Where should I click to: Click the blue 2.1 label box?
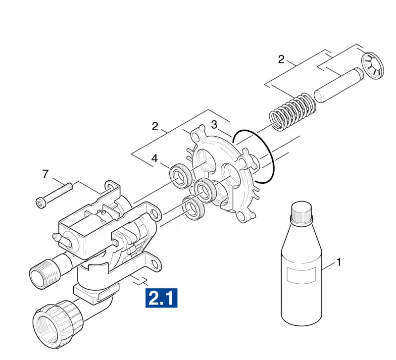click(161, 298)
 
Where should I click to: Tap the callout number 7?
click(45, 174)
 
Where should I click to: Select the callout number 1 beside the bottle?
click(339, 262)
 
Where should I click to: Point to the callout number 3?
click(214, 125)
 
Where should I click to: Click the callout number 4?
click(154, 158)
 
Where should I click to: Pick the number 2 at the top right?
click(281, 59)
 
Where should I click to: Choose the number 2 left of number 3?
click(155, 126)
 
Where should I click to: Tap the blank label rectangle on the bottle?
click(301, 274)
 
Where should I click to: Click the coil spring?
click(293, 110)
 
